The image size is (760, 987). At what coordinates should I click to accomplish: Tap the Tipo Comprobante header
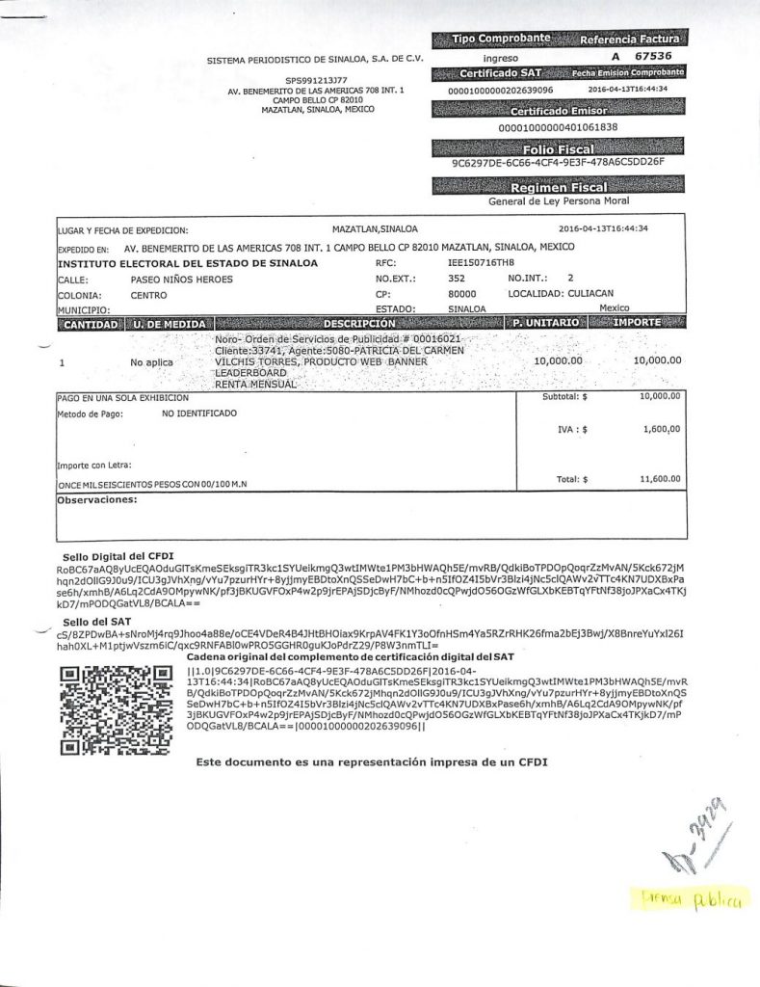[x=502, y=39]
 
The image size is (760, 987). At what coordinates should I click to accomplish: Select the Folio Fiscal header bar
[x=558, y=148]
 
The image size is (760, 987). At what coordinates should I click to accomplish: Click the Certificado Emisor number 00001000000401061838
[x=558, y=127]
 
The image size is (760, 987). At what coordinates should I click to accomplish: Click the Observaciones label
[x=97, y=501]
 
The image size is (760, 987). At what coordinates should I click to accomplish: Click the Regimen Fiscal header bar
[x=558, y=188]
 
